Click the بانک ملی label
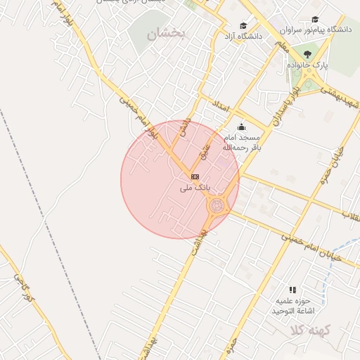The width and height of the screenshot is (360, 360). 195,188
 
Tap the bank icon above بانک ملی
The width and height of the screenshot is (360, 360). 195,176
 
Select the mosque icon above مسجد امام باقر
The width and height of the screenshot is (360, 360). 241,127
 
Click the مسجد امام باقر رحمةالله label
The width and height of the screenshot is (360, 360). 241,143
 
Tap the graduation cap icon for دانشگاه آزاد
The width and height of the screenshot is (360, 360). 243,25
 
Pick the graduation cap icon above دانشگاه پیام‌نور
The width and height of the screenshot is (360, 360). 314,20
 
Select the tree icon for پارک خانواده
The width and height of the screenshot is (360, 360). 307,53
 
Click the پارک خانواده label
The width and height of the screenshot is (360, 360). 307,65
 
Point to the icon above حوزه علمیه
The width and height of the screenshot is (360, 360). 292,290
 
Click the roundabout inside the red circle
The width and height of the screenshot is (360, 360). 217,205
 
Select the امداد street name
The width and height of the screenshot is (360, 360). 221,108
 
